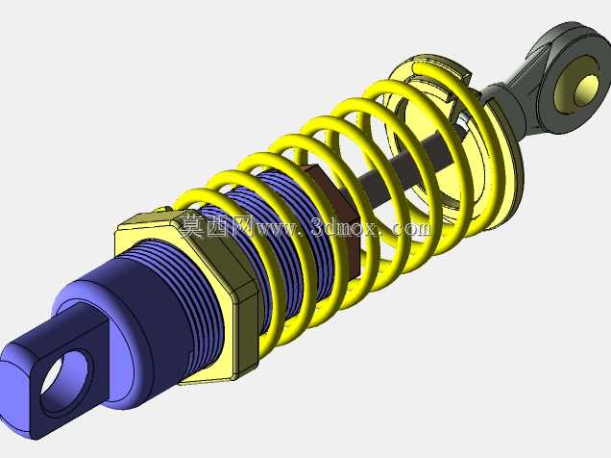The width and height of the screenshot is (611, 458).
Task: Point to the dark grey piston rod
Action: coord(409,167)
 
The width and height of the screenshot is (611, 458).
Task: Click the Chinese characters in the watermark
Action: coord(217,226)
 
